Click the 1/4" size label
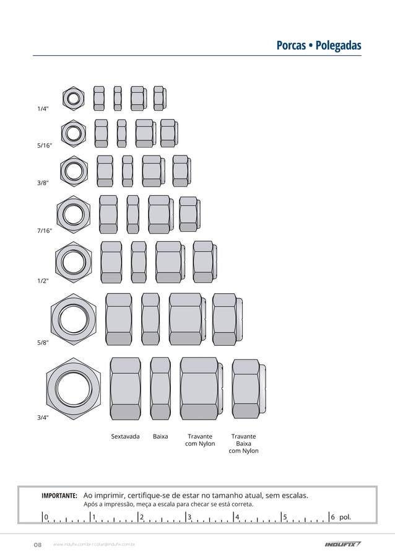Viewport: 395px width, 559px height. (x=43, y=108)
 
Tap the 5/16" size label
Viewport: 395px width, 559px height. (x=44, y=146)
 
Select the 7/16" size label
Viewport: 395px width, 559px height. (x=44, y=231)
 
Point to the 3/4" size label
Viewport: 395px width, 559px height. (x=43, y=417)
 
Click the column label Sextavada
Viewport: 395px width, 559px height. (x=125, y=436)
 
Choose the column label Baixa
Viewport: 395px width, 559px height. (x=160, y=436)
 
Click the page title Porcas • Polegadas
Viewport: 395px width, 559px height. (x=318, y=46)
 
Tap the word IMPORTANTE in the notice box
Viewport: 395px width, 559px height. (x=59, y=496)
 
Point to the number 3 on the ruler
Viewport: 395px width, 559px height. (x=189, y=517)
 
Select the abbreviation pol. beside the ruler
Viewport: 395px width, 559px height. (x=345, y=517)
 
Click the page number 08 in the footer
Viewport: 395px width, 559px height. (x=37, y=545)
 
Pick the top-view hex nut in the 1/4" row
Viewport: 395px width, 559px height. (x=73, y=97)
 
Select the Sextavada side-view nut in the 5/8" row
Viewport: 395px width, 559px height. (x=118, y=319)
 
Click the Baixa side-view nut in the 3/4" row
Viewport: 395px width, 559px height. (x=160, y=389)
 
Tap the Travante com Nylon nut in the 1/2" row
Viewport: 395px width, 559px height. (x=169, y=262)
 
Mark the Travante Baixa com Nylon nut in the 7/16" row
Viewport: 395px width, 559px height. (x=189, y=214)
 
